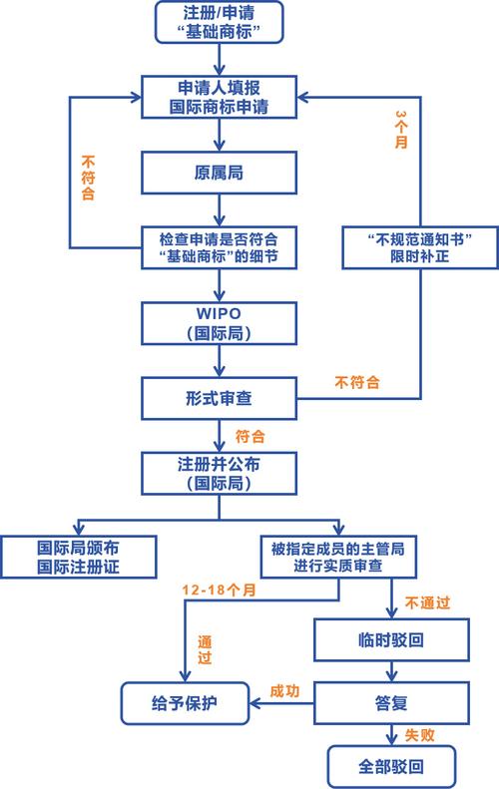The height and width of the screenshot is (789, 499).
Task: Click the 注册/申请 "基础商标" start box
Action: click(220, 22)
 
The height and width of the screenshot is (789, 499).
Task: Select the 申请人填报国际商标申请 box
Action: click(220, 96)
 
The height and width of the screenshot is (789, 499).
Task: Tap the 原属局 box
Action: click(220, 172)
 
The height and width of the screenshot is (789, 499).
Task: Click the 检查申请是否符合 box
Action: click(220, 246)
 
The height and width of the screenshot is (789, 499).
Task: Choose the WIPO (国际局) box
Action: click(220, 323)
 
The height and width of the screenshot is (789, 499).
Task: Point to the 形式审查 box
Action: click(220, 397)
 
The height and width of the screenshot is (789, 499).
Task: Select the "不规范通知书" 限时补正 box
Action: click(418, 246)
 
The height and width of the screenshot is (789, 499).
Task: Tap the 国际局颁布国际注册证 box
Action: click(81, 557)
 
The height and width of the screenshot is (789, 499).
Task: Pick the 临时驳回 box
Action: click(390, 638)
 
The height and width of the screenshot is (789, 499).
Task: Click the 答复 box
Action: click(390, 702)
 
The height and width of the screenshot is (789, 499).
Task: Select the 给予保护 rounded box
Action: click(187, 703)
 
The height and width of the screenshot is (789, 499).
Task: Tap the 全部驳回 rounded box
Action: click(390, 767)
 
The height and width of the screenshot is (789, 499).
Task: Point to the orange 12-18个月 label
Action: click(219, 591)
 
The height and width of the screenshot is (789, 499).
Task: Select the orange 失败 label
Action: click(419, 735)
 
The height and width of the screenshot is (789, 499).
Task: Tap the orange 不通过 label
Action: click(427, 602)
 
